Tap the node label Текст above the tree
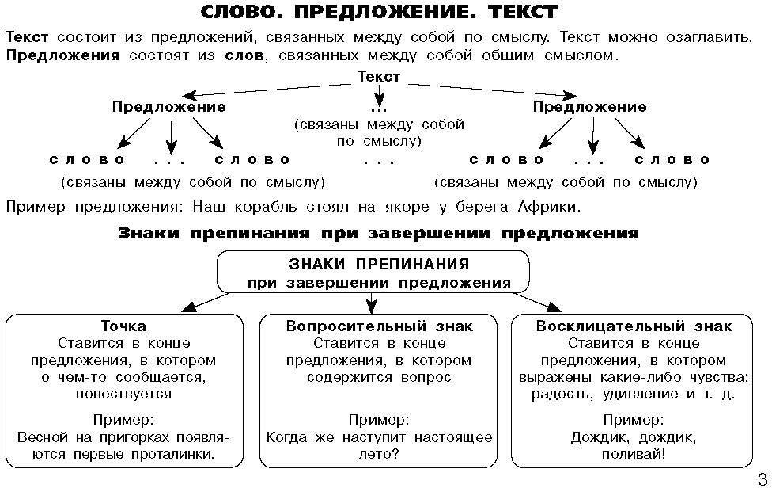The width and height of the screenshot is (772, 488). point(379,77)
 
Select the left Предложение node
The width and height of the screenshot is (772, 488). point(168,106)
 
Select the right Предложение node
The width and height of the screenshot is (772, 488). point(589,106)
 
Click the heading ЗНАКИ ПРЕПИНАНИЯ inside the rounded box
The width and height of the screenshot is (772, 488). point(379,263)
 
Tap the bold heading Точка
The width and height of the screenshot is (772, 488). point(123,326)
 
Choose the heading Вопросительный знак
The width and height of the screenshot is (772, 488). point(379,326)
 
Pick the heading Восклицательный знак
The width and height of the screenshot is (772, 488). point(634,326)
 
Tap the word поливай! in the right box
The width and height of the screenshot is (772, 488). point(634,454)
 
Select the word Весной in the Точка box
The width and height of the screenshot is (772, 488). point(44,437)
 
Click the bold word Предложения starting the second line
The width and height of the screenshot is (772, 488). point(62,55)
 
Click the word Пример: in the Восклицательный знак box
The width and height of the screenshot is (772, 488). point(634,420)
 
